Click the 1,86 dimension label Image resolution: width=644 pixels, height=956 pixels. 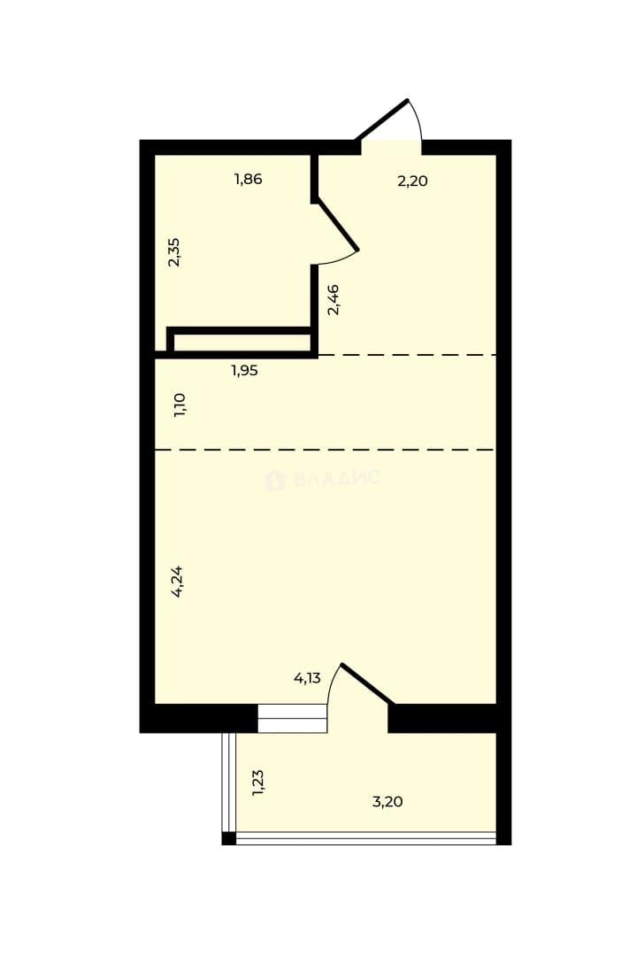coord(248,179)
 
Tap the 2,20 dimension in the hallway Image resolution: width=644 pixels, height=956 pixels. coord(412,181)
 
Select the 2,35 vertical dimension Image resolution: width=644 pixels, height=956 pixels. coord(174,251)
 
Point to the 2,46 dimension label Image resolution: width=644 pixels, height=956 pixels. coord(333,299)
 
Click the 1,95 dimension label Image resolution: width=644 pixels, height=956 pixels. coord(244,371)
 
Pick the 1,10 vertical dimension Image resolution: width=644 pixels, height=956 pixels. coord(180,405)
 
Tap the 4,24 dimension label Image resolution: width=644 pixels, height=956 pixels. coord(177,582)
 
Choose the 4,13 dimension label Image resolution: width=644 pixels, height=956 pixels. coord(307,678)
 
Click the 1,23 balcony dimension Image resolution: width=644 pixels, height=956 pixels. coord(258,783)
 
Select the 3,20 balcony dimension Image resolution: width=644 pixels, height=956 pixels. coord(387,802)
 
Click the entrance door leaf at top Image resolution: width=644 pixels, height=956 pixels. coord(382,119)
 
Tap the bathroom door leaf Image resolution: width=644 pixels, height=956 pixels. coord(336,225)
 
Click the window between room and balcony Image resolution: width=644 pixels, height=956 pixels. coord(293,718)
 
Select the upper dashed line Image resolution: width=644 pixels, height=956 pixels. coord(407,355)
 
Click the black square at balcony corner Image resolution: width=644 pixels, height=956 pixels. coord(228,839)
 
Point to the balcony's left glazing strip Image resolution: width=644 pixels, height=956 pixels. coord(229,783)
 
